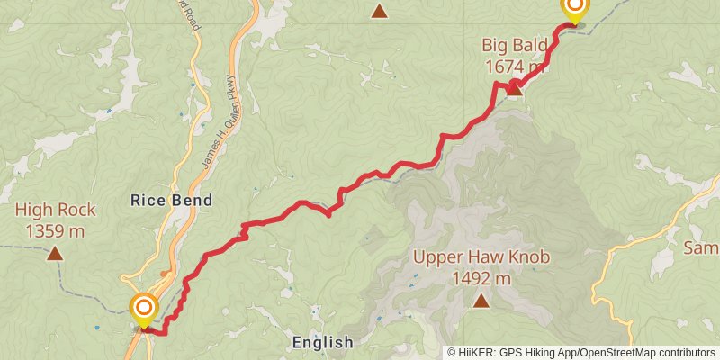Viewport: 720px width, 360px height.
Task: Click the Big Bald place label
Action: click(x=514, y=46)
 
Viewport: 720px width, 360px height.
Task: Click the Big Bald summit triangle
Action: click(x=515, y=87)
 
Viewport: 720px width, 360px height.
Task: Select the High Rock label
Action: click(x=56, y=211)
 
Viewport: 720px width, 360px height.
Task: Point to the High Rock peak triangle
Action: click(x=56, y=254)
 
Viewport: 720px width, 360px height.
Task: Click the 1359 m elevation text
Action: click(x=56, y=231)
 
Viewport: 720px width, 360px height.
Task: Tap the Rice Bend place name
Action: click(x=172, y=200)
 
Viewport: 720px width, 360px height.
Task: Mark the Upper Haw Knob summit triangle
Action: click(x=481, y=301)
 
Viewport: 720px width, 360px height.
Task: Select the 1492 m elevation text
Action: click(x=481, y=278)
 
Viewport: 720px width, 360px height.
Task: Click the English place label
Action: click(x=323, y=342)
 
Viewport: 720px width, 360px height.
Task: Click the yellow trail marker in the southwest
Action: click(x=143, y=310)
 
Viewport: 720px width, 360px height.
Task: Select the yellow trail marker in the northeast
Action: click(x=574, y=9)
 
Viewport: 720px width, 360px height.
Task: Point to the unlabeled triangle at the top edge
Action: click(x=380, y=11)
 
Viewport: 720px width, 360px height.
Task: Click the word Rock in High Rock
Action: click(x=76, y=211)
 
